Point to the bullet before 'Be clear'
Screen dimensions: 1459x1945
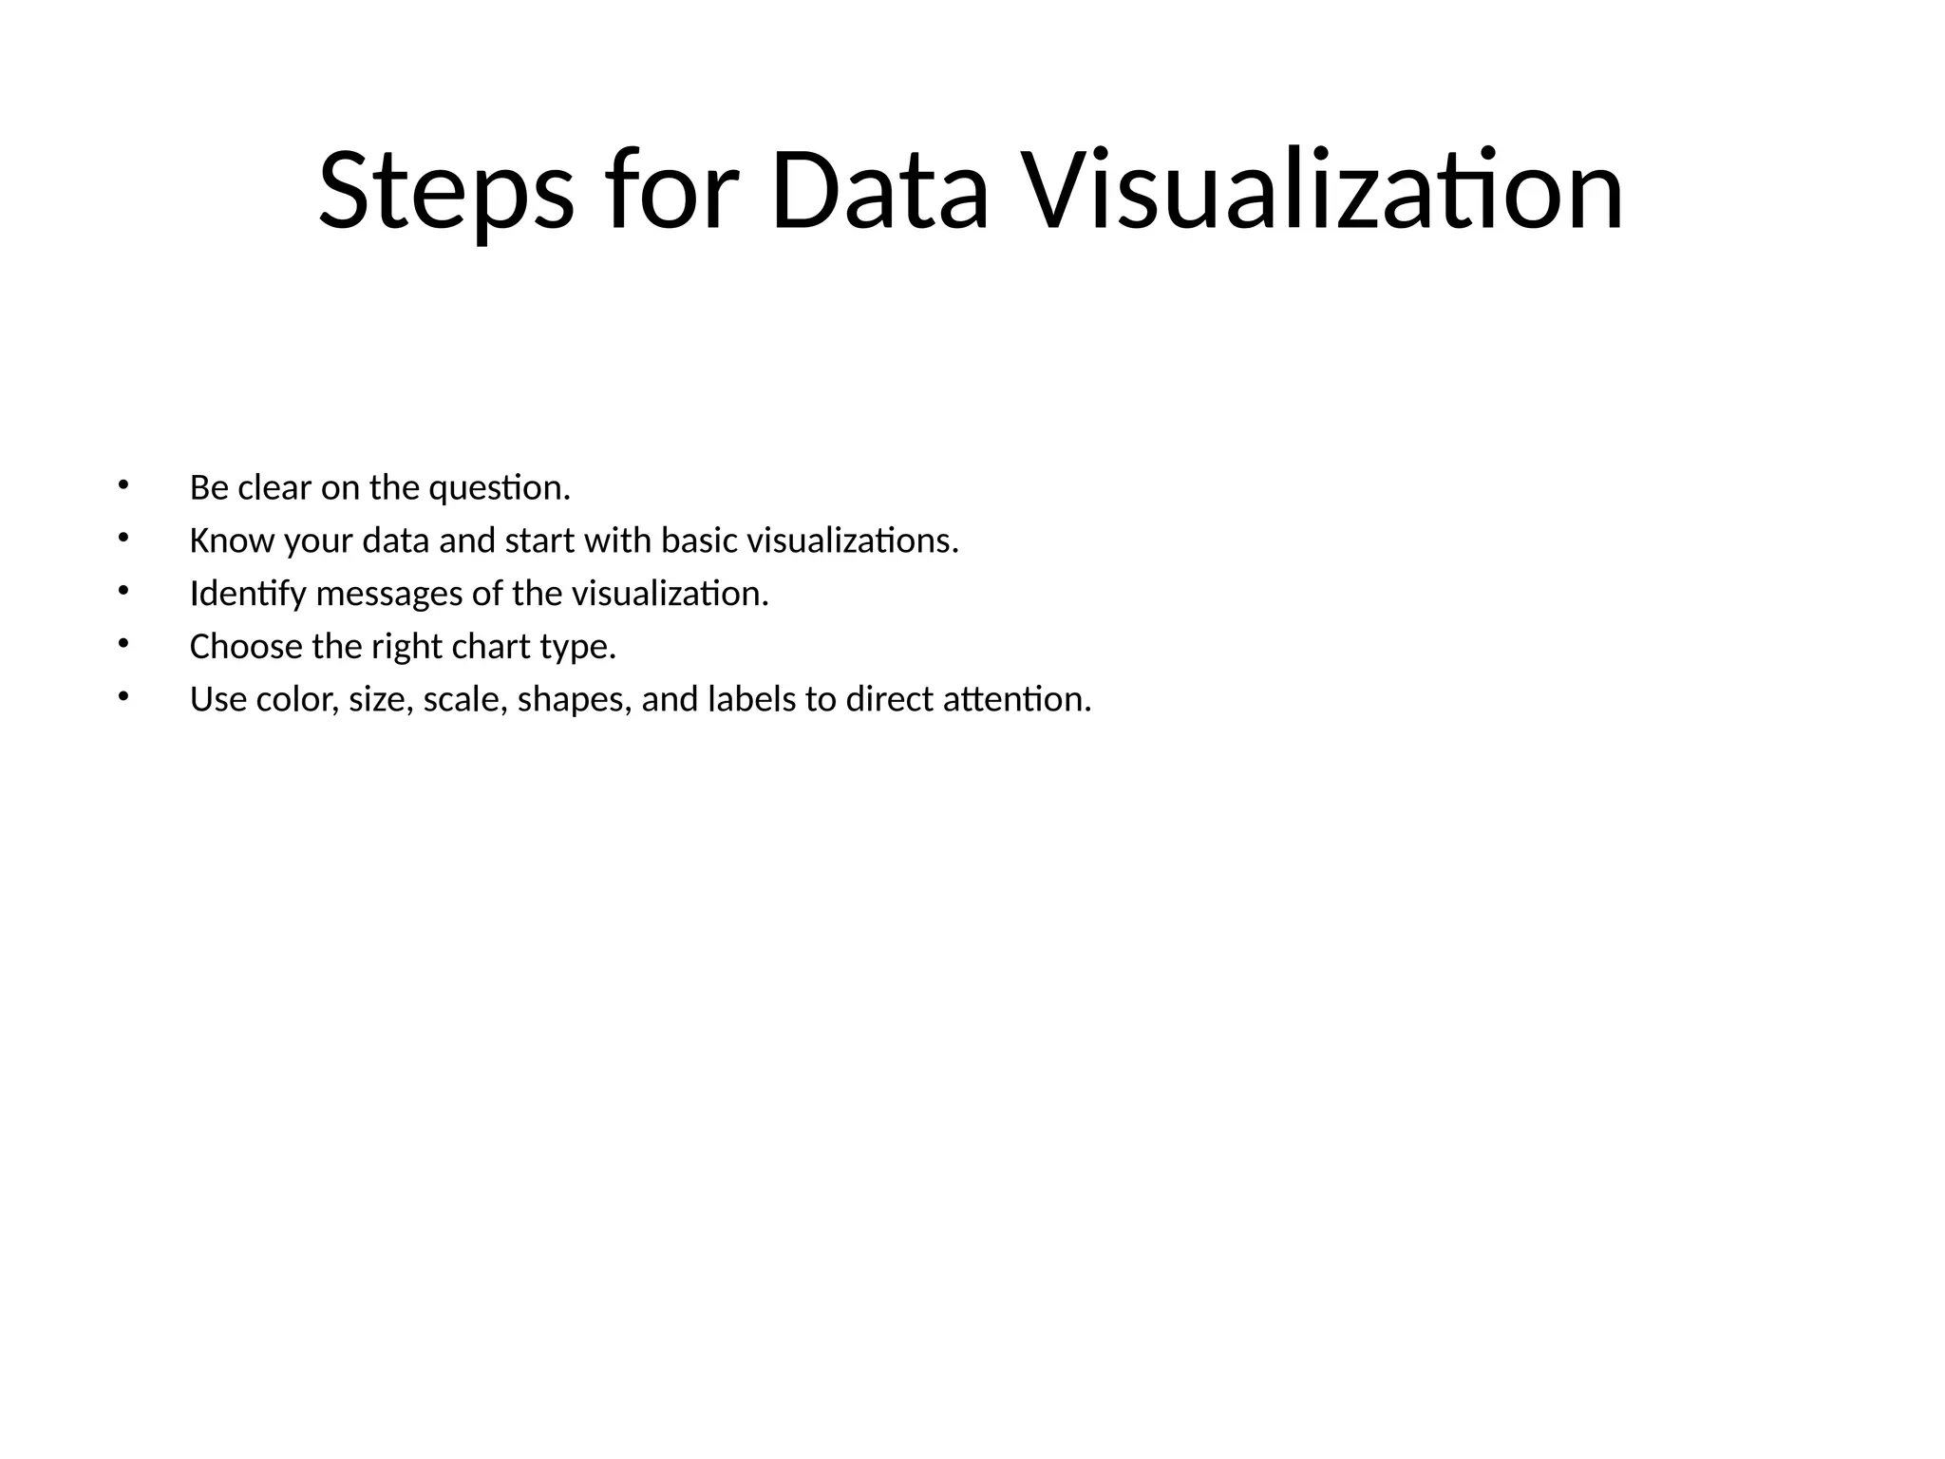point(122,485)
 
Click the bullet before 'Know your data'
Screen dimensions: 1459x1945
point(122,539)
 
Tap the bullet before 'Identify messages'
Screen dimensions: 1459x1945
point(122,592)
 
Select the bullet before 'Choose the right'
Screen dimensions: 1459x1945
point(122,645)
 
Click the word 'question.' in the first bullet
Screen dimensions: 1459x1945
point(500,489)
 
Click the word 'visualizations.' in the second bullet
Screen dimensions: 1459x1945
point(853,541)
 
